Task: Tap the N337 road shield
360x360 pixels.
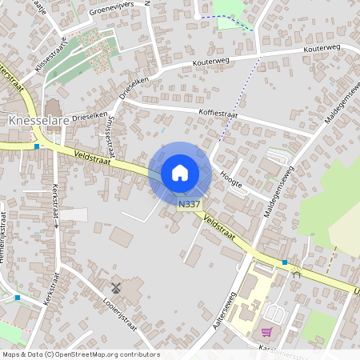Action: pyautogui.click(x=189, y=205)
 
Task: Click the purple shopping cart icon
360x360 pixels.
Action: pyautogui.click(x=266, y=331)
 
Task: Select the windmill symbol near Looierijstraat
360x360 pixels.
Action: pyautogui.click(x=115, y=286)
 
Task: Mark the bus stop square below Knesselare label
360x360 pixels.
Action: pyautogui.click(x=37, y=146)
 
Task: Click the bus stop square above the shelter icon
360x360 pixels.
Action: pyautogui.click(x=284, y=262)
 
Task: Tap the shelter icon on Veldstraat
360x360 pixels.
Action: pyautogui.click(x=296, y=274)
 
